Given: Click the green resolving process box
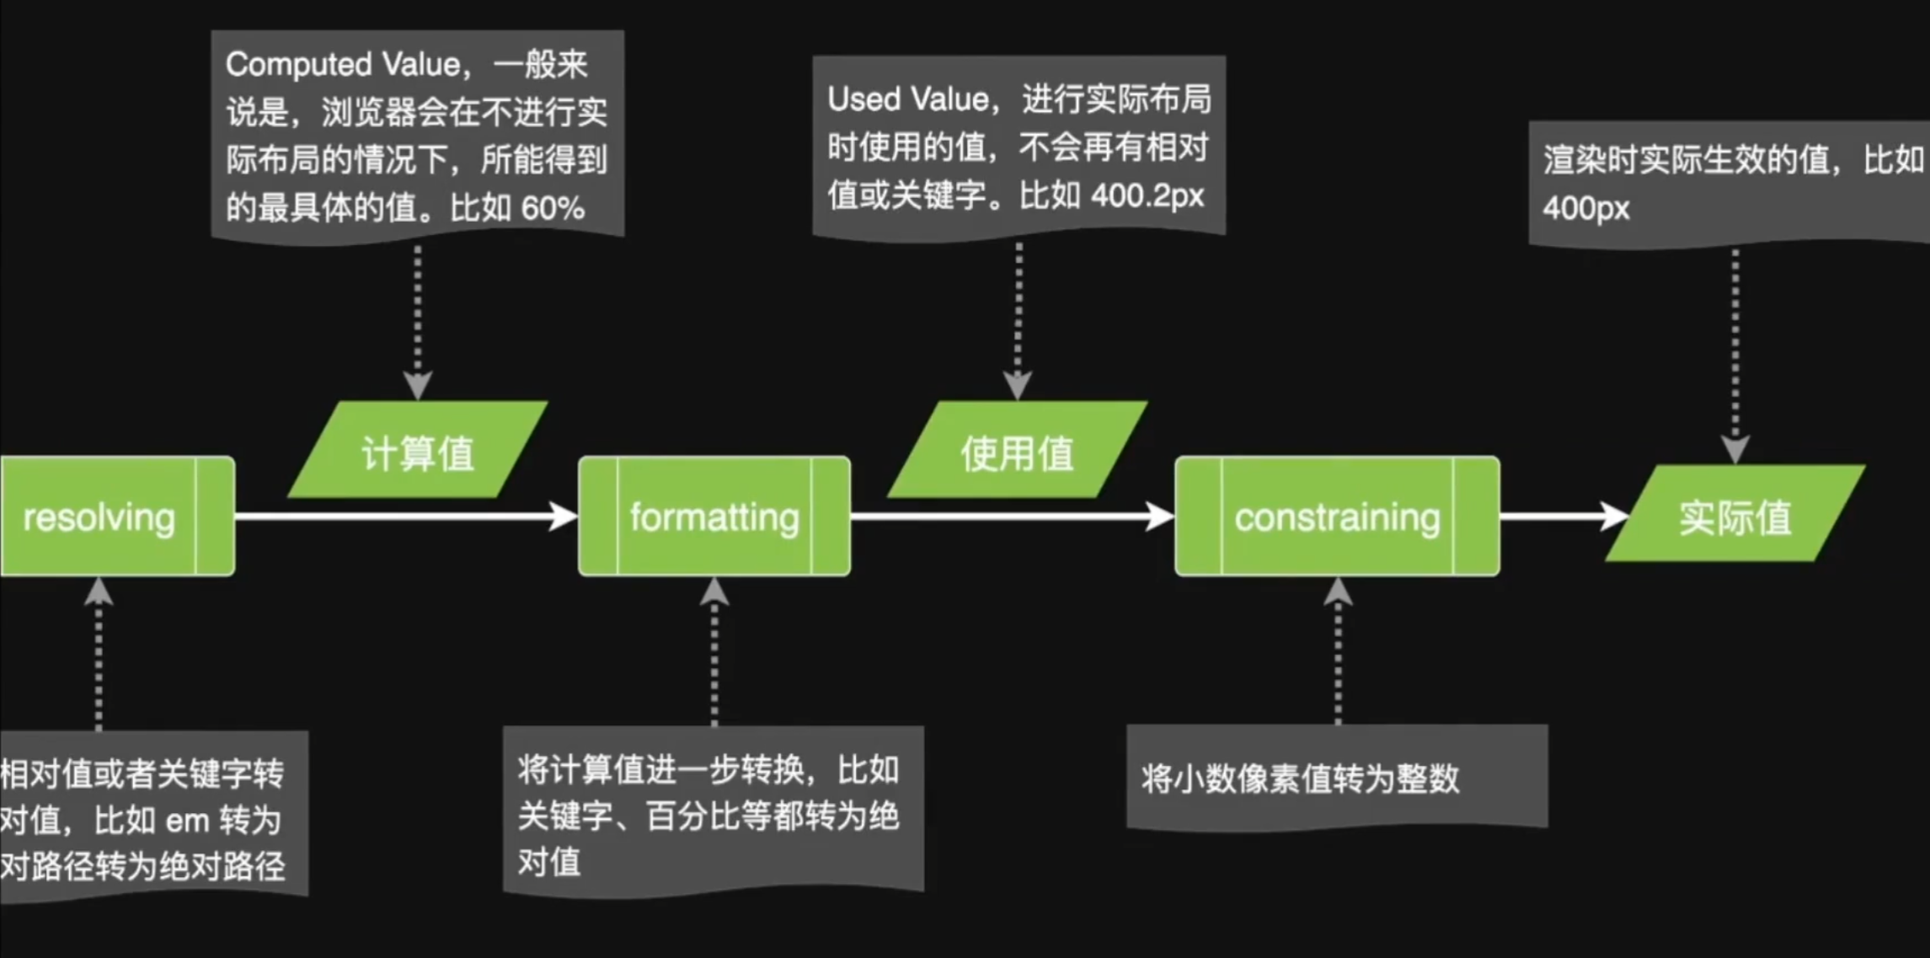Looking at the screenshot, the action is pos(117,516).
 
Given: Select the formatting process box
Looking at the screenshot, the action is pos(714,516).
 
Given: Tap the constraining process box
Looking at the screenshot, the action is pos(1337,516).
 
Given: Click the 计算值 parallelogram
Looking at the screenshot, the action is pos(418,450).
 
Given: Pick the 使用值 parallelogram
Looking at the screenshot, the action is pos(1017,450).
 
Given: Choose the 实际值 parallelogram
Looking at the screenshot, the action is pos(1735,513).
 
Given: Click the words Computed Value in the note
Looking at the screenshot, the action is pos(343,64).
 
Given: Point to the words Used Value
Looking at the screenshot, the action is pos(908,99).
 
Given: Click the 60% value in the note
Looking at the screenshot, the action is pos(553,208).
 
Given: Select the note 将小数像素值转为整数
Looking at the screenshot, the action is pos(1300,779).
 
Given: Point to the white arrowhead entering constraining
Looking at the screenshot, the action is pos(1160,516).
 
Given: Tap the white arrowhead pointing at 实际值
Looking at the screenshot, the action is pos(1615,516).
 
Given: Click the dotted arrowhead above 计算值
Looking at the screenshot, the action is pos(418,385).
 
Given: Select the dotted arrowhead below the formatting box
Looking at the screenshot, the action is pos(714,592).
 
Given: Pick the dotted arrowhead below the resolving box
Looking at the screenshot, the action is pos(99,592).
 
